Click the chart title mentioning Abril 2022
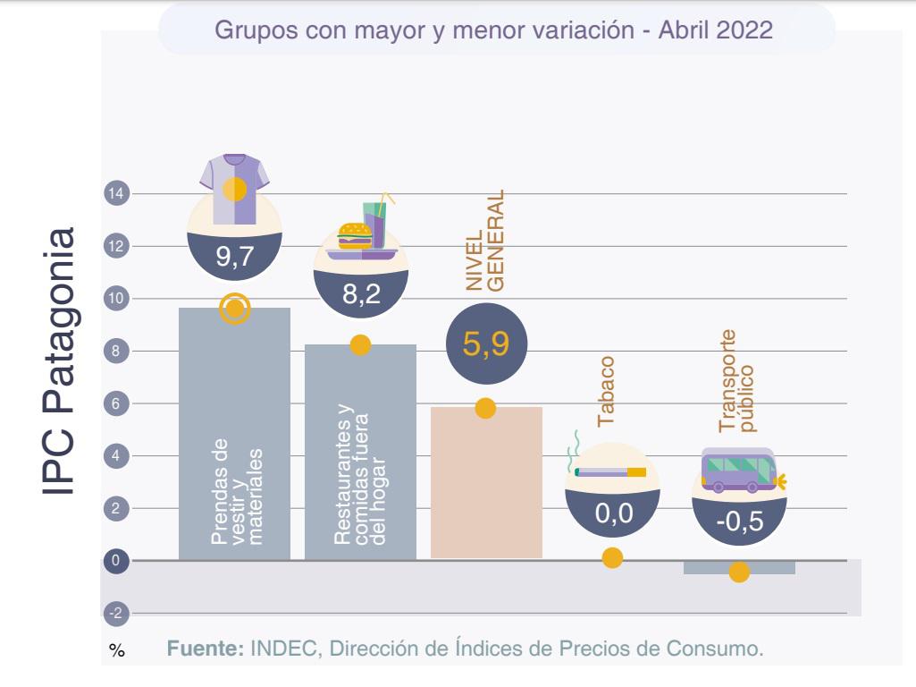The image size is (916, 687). pyautogui.click(x=494, y=29)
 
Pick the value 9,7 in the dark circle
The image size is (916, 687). pyautogui.click(x=234, y=259)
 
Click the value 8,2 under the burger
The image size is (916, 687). pyautogui.click(x=360, y=295)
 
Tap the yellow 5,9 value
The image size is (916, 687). pyautogui.click(x=486, y=345)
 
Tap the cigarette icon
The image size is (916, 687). pyautogui.click(x=611, y=471)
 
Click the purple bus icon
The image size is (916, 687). pyautogui.click(x=737, y=471)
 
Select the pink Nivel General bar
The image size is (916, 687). pyautogui.click(x=486, y=483)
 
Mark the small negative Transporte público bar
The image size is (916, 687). pyautogui.click(x=739, y=567)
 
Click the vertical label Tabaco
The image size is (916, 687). pyautogui.click(x=608, y=391)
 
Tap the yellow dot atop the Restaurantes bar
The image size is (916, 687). pyautogui.click(x=360, y=345)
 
